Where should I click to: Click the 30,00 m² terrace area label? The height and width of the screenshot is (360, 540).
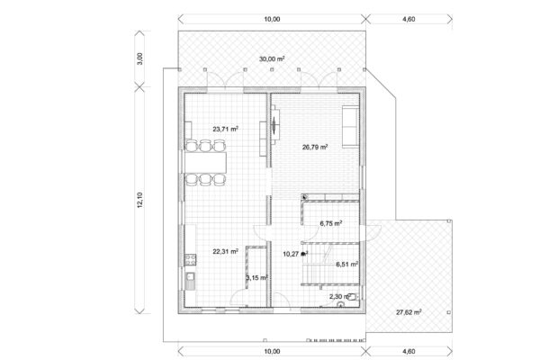(x=272, y=58)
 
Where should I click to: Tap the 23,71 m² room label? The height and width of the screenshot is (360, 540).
(x=226, y=130)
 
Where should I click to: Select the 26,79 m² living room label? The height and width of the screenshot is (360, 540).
(x=315, y=147)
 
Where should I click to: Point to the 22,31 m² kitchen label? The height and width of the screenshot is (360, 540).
(x=226, y=251)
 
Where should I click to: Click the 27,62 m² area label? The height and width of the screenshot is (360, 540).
(x=409, y=312)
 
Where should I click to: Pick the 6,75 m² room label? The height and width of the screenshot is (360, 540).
(x=331, y=223)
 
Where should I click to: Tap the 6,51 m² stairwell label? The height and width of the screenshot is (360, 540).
(x=347, y=265)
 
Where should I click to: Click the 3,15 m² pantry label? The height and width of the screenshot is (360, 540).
(x=256, y=277)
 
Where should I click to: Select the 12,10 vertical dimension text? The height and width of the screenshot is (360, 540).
(x=139, y=200)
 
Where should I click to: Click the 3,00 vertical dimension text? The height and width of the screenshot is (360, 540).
(x=139, y=58)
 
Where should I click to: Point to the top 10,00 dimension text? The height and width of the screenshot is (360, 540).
(x=272, y=19)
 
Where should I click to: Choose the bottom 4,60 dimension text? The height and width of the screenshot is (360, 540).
(x=409, y=351)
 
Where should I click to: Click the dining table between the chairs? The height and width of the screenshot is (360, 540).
(x=205, y=162)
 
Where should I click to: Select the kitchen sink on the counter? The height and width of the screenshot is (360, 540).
(x=190, y=281)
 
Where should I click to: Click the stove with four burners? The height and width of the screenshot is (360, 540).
(x=191, y=260)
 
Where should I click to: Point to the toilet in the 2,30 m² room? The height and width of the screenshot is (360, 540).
(x=353, y=297)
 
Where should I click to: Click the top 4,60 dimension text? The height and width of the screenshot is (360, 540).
(x=409, y=19)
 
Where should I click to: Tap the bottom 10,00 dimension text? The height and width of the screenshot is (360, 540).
(x=272, y=351)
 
